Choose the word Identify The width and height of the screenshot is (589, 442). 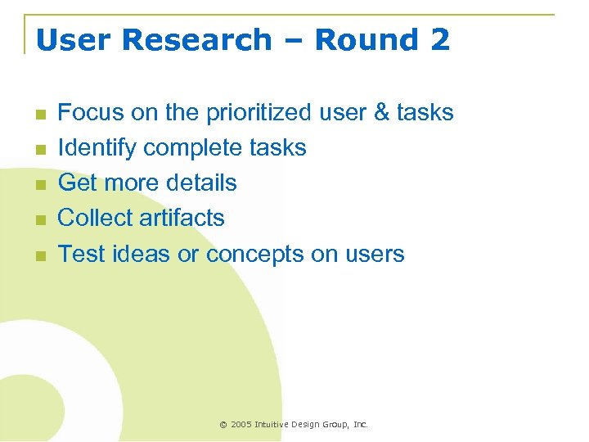97,147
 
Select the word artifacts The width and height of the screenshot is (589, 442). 182,218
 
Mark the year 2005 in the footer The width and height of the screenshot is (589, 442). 241,425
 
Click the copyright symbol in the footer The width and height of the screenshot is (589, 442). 223,425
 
